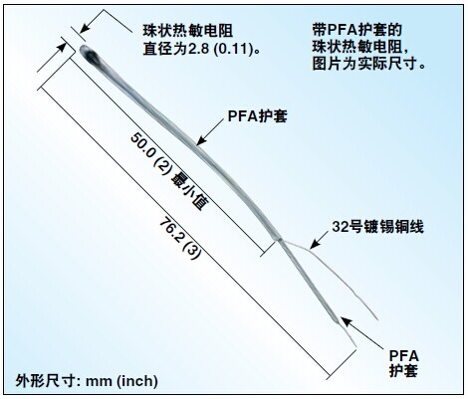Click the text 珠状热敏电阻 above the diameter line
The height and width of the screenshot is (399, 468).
[x=188, y=31]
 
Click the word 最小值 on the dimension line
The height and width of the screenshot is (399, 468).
[x=189, y=191]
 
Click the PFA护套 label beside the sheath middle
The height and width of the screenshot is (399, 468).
[x=257, y=116]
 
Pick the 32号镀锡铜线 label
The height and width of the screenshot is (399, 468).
[x=378, y=227]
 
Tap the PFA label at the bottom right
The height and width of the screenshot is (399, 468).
[x=403, y=356]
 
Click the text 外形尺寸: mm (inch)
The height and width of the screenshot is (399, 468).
[x=87, y=381]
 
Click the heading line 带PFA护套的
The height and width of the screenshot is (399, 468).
[x=357, y=30]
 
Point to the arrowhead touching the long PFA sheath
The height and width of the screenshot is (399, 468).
[x=202, y=140]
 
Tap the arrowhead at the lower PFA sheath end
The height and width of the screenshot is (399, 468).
[x=347, y=322]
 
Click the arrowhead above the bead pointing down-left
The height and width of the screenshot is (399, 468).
[x=85, y=29]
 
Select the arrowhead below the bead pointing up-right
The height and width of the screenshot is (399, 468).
[x=61, y=47]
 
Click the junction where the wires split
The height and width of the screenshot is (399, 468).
[x=280, y=239]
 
